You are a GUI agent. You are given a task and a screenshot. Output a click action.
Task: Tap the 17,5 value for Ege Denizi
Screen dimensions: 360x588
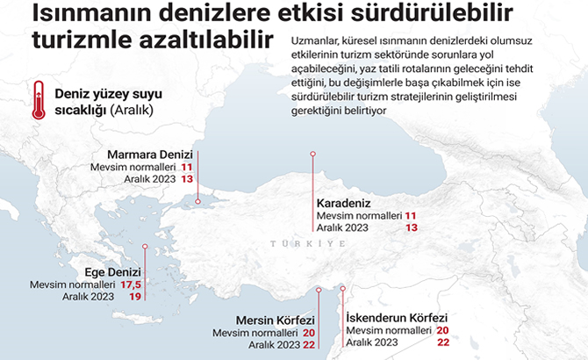pyautogui.click(x=132, y=284)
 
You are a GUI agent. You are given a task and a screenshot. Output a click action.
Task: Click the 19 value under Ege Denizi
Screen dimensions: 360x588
pyautogui.click(x=135, y=298)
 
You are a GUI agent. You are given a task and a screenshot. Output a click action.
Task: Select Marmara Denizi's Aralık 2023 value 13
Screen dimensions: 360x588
pyautogui.click(x=187, y=178)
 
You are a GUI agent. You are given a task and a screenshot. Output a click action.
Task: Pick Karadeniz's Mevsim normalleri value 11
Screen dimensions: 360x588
pyautogui.click(x=411, y=214)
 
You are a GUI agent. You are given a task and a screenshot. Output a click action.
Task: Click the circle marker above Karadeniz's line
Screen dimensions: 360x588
pyautogui.click(x=312, y=154)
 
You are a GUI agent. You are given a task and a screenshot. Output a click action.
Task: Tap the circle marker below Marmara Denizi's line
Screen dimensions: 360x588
pyautogui.click(x=197, y=201)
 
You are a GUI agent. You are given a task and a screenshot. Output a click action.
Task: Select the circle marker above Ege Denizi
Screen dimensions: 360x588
pyautogui.click(x=146, y=247)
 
